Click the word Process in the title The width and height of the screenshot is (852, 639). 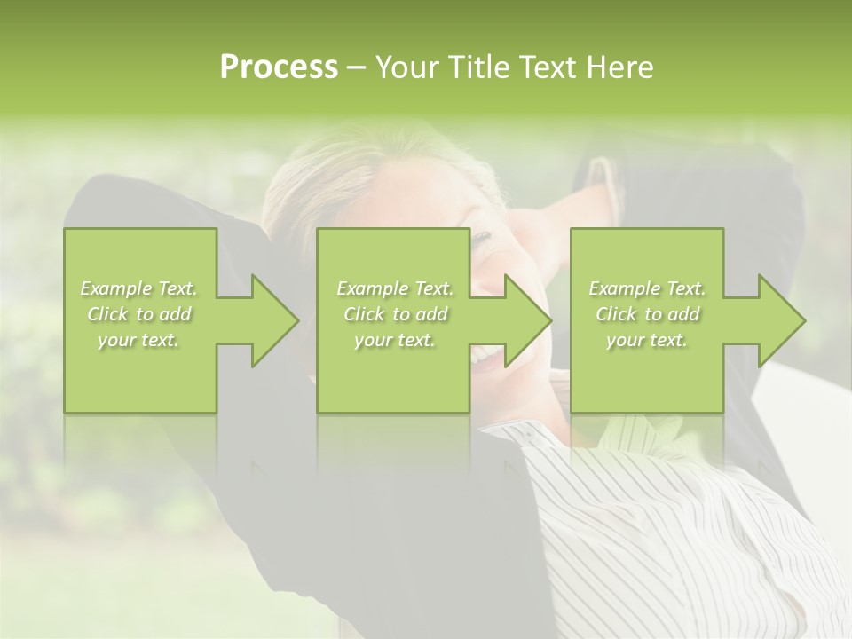279,67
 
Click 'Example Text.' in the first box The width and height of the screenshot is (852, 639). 139,288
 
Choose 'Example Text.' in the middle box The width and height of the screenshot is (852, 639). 395,288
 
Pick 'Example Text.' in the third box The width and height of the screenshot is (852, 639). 647,288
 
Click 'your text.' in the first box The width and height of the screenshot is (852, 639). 138,340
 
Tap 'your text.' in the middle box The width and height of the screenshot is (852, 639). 394,340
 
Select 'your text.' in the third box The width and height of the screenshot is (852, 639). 646,340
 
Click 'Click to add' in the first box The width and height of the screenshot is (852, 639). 139,314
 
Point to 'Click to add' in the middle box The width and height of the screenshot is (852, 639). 395,314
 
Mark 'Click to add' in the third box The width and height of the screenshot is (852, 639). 647,314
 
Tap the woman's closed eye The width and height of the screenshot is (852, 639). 482,240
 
